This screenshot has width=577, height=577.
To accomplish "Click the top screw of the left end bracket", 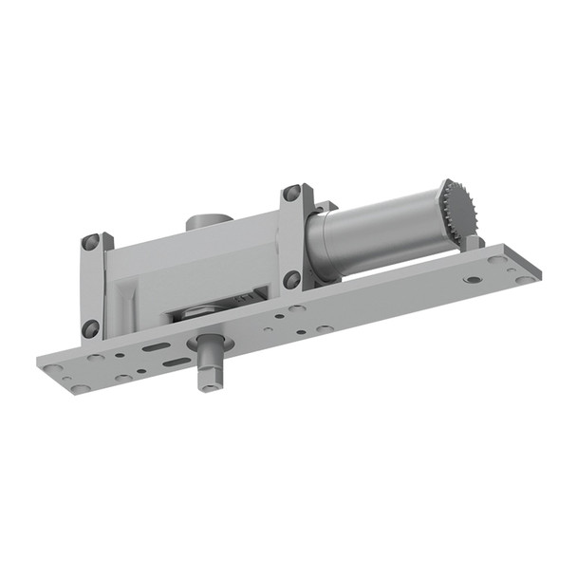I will (91, 242).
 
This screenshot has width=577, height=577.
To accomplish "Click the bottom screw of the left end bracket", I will (91, 328).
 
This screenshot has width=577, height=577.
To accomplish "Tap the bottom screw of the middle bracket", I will (292, 279).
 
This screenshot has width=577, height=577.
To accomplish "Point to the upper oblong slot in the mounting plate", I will (156, 347).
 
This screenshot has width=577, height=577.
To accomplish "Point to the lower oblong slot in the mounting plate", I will (176, 362).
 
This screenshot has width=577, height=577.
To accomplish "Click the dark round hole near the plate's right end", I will (472, 280).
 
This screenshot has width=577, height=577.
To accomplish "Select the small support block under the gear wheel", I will (472, 243).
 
